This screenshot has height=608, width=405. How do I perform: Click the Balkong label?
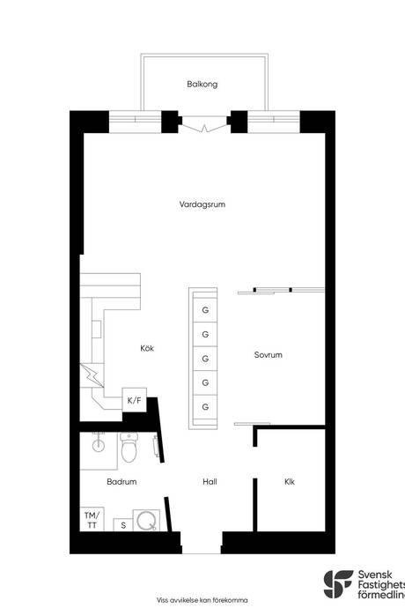202,85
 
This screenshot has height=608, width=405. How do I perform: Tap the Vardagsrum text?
202,204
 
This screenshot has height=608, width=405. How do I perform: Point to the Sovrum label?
268,355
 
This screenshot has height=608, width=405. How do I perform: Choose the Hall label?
210,482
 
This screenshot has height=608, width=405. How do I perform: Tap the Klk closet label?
290,482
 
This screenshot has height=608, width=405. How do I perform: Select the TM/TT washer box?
92,519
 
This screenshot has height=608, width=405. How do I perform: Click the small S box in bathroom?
123,526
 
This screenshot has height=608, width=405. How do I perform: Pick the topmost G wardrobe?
205,310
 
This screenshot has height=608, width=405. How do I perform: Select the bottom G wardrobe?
205,406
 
